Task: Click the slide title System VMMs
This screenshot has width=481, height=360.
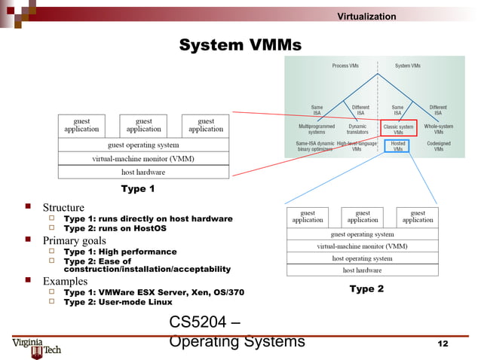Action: (240, 47)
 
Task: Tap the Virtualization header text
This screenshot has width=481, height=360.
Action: (366, 17)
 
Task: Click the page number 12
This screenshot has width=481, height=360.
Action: (443, 343)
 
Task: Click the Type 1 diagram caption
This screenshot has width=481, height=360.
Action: (138, 188)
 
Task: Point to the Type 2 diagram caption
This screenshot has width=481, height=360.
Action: (366, 288)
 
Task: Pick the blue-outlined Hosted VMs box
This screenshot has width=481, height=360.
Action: (397, 145)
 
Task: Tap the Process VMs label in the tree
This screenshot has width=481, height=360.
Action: (345, 66)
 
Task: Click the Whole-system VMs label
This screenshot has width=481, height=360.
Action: (438, 129)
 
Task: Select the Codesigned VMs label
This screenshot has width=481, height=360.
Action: (438, 145)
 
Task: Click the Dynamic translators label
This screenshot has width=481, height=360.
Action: (357, 129)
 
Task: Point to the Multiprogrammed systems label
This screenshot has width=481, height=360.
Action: (317, 129)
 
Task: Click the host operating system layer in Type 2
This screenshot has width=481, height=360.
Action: (362, 258)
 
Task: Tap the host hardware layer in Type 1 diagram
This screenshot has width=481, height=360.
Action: (143, 172)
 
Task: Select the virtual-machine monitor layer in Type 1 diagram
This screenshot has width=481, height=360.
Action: (143, 159)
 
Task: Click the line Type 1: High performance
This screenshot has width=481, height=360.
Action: (120, 252)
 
